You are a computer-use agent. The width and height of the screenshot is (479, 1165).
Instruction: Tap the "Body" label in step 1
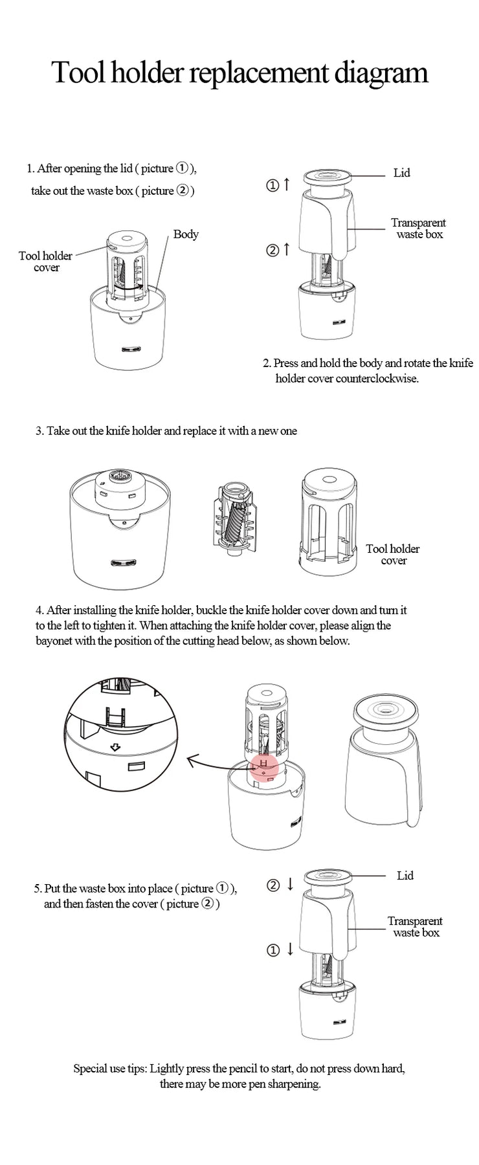tap(186, 234)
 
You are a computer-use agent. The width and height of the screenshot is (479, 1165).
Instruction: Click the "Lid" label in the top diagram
tap(402, 173)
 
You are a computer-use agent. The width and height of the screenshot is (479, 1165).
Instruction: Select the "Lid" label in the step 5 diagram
tap(405, 876)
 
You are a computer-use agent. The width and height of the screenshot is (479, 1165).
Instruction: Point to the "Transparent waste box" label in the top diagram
tap(419, 228)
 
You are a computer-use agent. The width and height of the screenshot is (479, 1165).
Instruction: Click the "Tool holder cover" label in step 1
tap(46, 261)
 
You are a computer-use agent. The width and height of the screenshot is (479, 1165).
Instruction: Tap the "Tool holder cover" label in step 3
tap(393, 555)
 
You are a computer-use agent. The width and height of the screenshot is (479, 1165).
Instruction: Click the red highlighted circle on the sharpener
tap(263, 766)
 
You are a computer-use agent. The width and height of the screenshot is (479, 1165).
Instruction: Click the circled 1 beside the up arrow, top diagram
tap(273, 186)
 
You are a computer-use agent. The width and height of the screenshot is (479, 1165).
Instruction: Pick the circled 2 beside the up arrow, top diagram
tap(273, 250)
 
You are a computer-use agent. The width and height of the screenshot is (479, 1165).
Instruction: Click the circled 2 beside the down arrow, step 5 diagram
tap(273, 885)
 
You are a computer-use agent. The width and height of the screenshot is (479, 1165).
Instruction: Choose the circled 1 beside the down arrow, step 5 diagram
tap(273, 950)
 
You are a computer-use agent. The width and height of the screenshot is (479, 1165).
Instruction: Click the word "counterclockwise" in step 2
tap(377, 379)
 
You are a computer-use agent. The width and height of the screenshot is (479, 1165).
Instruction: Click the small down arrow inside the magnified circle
tap(115, 748)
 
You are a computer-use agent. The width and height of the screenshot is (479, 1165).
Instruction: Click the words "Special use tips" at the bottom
tap(110, 1069)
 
